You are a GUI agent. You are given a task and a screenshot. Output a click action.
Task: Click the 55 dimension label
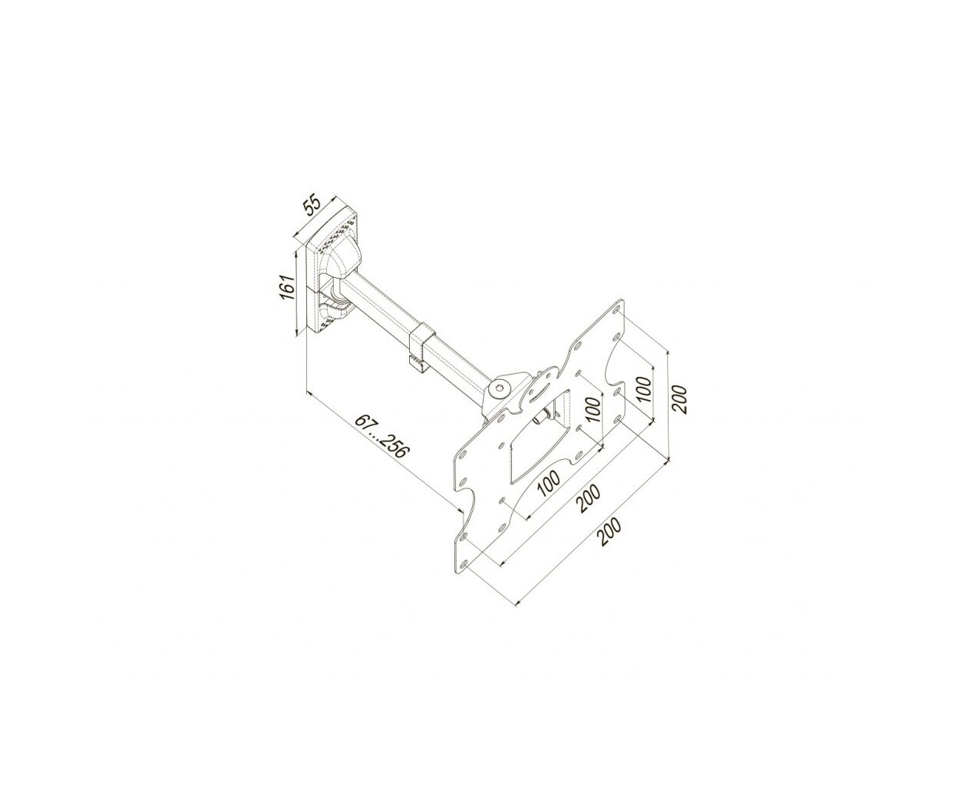(x=313, y=206)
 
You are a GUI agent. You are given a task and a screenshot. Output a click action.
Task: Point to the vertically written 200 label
(x=679, y=399)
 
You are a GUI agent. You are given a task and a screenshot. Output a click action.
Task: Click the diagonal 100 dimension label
(x=549, y=484)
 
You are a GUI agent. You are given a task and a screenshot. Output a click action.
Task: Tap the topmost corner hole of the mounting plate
(x=616, y=309)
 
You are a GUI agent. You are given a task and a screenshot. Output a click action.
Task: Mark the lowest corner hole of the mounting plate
(x=464, y=564)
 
